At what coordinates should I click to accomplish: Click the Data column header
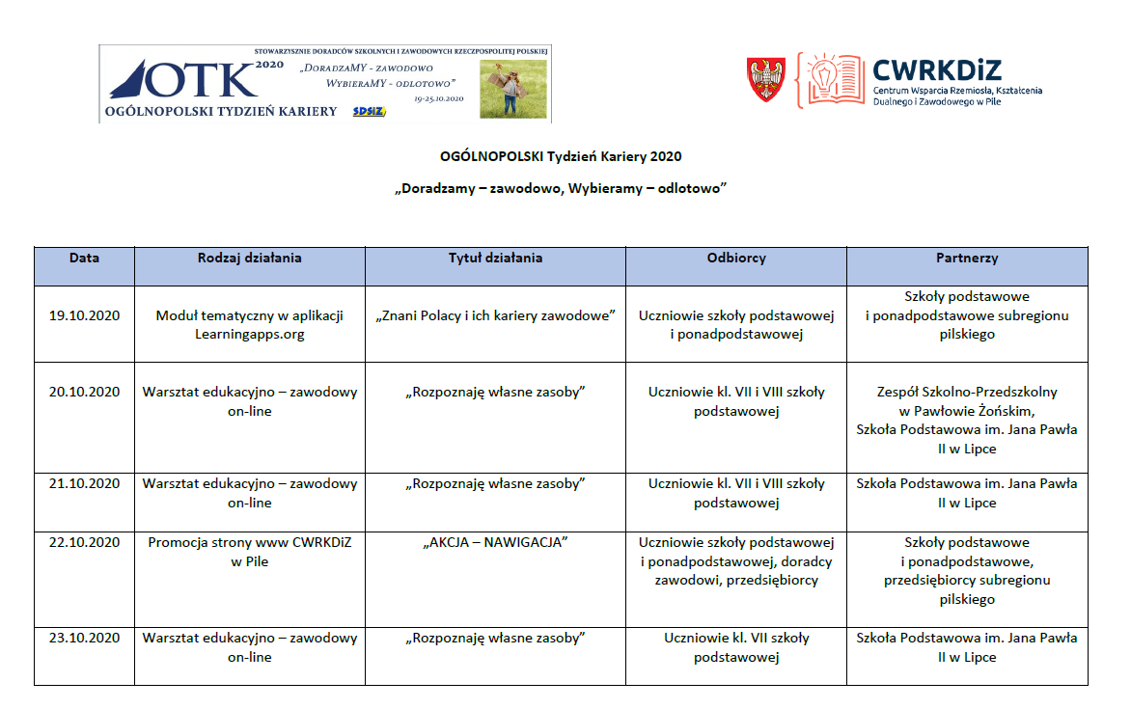84,259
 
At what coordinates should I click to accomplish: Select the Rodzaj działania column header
250,259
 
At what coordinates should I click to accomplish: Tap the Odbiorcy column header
736,259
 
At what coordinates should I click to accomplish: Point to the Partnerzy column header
967,259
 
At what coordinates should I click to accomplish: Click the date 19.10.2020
84,315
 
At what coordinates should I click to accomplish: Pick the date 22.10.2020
84,542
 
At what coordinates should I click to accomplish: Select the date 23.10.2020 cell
84,638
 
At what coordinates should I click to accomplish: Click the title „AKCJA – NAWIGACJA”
495,542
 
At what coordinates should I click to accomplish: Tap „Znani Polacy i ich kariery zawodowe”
495,315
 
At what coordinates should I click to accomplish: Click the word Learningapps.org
250,335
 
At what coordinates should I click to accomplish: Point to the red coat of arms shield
766,80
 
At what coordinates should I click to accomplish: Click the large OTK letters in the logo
198,81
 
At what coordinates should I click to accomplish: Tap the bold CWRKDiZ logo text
936,69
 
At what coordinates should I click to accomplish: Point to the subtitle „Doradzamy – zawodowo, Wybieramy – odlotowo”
561,188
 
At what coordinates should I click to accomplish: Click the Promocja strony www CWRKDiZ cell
250,552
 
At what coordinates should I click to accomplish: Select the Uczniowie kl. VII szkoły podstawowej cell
736,647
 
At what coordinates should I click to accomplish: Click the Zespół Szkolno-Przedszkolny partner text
967,392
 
